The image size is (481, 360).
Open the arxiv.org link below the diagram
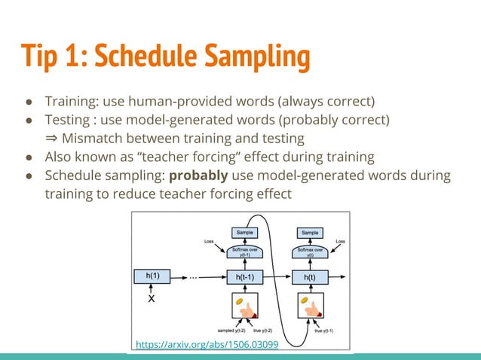[x=207, y=345]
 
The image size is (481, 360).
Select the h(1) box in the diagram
[x=153, y=276]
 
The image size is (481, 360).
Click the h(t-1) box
[x=244, y=277]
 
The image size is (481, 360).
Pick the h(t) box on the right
[x=310, y=277]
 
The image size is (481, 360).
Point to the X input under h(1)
[x=152, y=298]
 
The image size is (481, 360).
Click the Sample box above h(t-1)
[x=244, y=233]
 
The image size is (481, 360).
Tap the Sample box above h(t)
[x=310, y=233]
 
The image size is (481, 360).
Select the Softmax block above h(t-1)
[x=244, y=252]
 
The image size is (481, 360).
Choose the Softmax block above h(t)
[x=310, y=252]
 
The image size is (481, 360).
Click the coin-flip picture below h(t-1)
[x=244, y=307]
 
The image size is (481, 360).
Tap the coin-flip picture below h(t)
[x=310, y=307]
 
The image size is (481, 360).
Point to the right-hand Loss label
[x=341, y=242]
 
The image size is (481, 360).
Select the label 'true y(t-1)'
[x=326, y=331]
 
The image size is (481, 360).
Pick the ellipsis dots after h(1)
[x=193, y=276]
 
